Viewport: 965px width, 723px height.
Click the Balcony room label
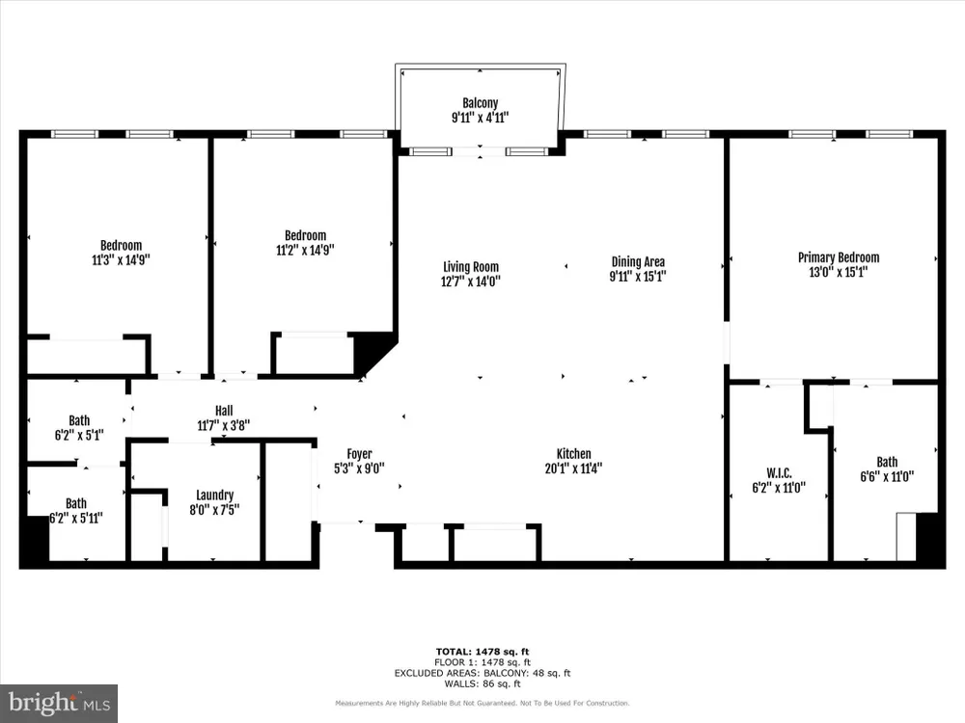click(x=480, y=103)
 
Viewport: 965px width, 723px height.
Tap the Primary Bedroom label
click(x=839, y=257)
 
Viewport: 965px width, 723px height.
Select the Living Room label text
click(x=471, y=267)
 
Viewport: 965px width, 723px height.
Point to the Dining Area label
click(x=638, y=262)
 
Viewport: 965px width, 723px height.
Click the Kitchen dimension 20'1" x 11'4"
click(x=573, y=468)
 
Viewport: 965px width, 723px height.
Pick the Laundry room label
click(x=215, y=495)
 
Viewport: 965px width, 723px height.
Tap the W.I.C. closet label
click(x=779, y=472)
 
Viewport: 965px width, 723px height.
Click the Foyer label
click(x=359, y=454)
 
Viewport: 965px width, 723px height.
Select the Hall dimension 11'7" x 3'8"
click(x=224, y=425)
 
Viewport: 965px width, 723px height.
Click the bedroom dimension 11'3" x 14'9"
click(x=121, y=259)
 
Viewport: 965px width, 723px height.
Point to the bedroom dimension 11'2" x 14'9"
click(x=305, y=250)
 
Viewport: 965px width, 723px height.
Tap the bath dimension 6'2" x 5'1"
click(x=79, y=436)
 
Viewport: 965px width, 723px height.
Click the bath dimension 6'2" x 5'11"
click(x=75, y=518)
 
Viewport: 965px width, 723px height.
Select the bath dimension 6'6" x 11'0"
click(x=887, y=476)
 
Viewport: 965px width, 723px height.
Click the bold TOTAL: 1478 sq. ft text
click(x=482, y=652)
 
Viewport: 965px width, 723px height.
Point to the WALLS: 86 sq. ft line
click(x=482, y=683)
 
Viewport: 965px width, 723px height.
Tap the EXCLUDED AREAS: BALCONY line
click(x=482, y=673)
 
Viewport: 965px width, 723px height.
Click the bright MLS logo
click(x=59, y=704)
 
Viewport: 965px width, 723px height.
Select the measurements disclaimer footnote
click(x=482, y=703)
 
